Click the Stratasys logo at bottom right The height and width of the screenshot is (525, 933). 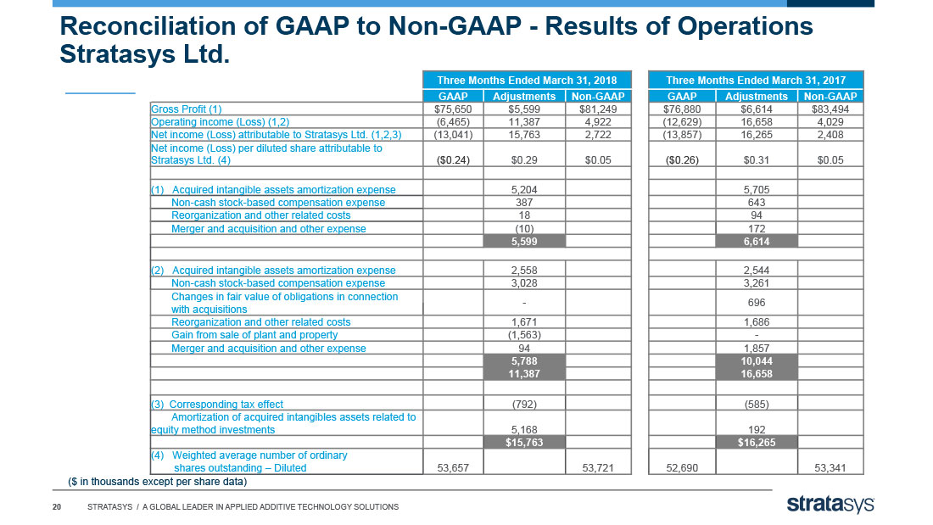click(830, 505)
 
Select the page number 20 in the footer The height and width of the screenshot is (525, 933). click(57, 507)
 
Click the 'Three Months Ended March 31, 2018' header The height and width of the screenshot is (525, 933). click(527, 81)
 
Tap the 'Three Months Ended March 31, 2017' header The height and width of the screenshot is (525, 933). click(756, 81)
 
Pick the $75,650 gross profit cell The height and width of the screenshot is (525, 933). click(453, 109)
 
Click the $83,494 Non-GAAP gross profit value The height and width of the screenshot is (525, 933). click(830, 109)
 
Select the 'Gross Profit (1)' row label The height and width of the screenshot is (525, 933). click(187, 109)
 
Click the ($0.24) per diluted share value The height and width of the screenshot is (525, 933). click(453, 160)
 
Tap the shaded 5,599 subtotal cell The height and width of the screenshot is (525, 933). click(524, 242)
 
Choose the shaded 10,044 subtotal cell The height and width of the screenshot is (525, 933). click(757, 360)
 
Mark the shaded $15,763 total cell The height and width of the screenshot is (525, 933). click(524, 442)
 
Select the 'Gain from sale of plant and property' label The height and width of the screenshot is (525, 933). click(254, 335)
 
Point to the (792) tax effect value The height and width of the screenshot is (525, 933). click(524, 405)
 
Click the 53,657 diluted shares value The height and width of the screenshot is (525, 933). click(453, 468)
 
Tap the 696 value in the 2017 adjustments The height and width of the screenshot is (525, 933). click(757, 303)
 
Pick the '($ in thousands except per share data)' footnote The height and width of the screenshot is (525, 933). click(157, 482)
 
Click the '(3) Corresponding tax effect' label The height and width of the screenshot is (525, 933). click(217, 405)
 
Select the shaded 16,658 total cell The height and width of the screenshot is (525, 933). click(757, 374)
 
